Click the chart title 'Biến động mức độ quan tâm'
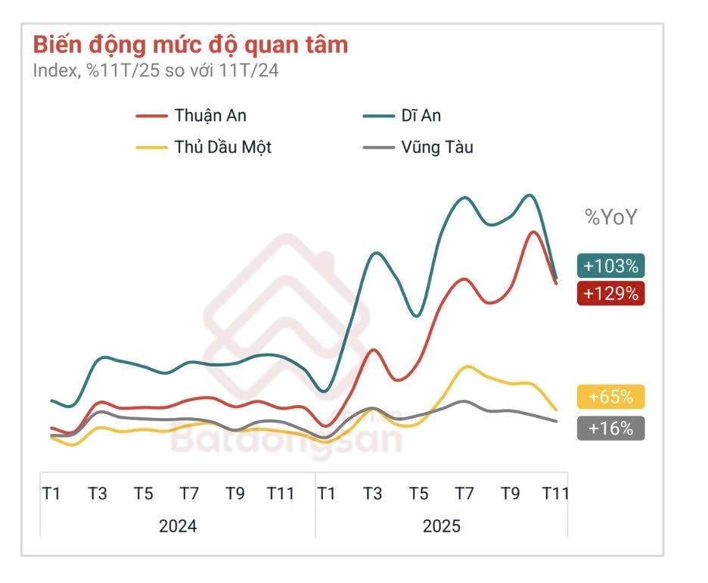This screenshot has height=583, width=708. pyautogui.click(x=190, y=45)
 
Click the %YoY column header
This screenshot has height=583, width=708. pyautogui.click(x=611, y=217)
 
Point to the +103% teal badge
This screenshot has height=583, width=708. pyautogui.click(x=610, y=266)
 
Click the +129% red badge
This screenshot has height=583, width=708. pyautogui.click(x=610, y=293)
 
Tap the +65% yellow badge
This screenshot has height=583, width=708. pyautogui.click(x=610, y=397)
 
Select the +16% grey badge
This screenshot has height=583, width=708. pyautogui.click(x=610, y=428)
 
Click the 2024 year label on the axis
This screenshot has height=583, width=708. pyautogui.click(x=178, y=525)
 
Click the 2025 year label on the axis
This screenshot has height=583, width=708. pyautogui.click(x=441, y=525)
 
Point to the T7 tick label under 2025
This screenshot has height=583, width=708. pyautogui.click(x=464, y=494)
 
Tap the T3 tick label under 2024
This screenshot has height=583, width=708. pyautogui.click(x=97, y=494)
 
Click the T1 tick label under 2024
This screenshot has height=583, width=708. pyautogui.click(x=51, y=494)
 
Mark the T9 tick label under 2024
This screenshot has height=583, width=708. pyautogui.click(x=235, y=494)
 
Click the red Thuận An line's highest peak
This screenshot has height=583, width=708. pyautogui.click(x=533, y=232)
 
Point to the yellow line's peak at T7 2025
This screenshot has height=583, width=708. pyautogui.click(x=467, y=366)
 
